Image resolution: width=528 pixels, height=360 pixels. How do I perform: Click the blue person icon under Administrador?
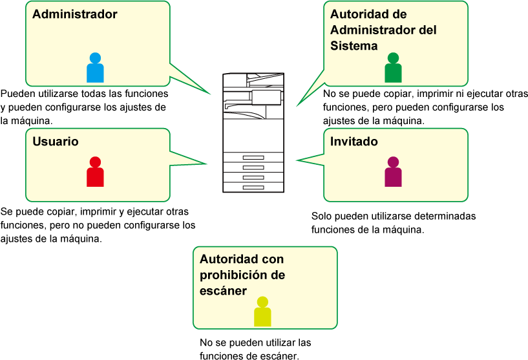(95, 69)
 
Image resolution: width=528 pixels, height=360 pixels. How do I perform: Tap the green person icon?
(393, 69)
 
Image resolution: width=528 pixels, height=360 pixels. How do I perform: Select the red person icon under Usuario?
(95, 173)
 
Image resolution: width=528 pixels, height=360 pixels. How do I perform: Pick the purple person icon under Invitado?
(393, 173)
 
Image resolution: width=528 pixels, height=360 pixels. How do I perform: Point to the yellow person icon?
(262, 312)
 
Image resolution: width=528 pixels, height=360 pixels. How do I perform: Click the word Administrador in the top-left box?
(75, 14)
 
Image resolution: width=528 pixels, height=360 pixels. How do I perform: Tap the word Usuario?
(56, 142)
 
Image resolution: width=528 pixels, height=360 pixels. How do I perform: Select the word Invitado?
(354, 142)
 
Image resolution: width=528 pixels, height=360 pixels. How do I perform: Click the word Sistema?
(354, 46)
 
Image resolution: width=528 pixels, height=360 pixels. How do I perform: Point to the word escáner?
(223, 291)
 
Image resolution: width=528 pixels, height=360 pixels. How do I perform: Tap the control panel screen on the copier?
(266, 97)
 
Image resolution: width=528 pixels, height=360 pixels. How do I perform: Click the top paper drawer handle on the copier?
(253, 158)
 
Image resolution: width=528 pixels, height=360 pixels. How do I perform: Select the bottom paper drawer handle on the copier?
(253, 187)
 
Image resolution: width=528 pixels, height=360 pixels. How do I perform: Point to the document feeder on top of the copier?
(253, 79)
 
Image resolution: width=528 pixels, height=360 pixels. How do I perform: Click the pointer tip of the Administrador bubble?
(211, 94)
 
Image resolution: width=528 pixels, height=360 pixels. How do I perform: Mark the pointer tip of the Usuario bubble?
(207, 164)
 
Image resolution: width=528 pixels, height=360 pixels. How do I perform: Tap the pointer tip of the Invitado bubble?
(297, 160)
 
